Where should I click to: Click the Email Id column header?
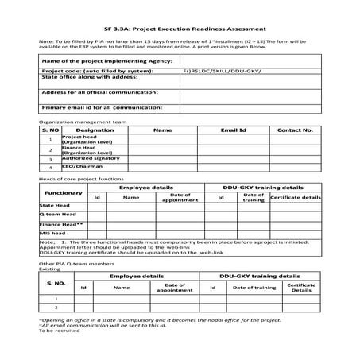pos(234,129)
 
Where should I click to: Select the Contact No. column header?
pos(295,129)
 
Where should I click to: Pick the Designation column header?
pos(95,129)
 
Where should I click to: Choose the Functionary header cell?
pos(64,192)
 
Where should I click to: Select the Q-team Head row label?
pos(58,215)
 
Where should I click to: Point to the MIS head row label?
pos(52,234)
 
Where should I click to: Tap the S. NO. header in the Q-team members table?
pos(56,282)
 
